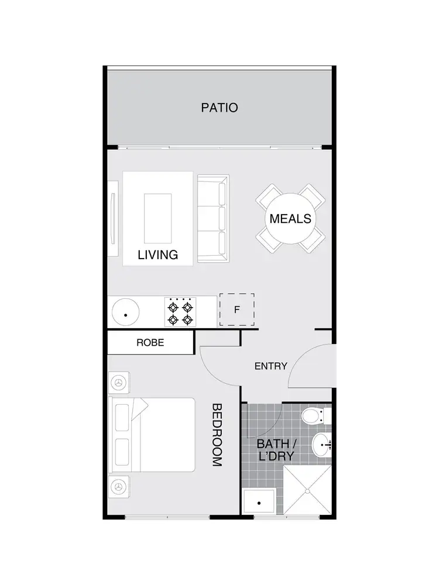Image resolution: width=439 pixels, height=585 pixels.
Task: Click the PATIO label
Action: pyautogui.click(x=220, y=108)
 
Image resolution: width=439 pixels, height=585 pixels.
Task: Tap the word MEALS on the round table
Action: pyautogui.click(x=290, y=219)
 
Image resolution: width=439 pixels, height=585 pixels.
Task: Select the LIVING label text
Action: pyautogui.click(x=157, y=255)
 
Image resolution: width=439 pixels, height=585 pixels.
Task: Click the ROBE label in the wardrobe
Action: pyautogui.click(x=150, y=343)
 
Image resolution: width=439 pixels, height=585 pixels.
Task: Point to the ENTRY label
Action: pyautogui.click(x=270, y=366)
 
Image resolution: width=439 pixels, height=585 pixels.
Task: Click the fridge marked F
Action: pyautogui.click(x=236, y=309)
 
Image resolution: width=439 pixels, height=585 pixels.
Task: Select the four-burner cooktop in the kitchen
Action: pyautogui.click(x=180, y=312)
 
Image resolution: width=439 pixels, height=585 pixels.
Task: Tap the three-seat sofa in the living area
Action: pyautogui.click(x=212, y=218)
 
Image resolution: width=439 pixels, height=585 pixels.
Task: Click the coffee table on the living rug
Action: pyautogui.click(x=158, y=218)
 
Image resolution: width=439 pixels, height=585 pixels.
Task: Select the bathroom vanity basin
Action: pyautogui.click(x=320, y=446)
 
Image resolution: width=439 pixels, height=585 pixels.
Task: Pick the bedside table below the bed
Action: pyautogui.click(x=119, y=486)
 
